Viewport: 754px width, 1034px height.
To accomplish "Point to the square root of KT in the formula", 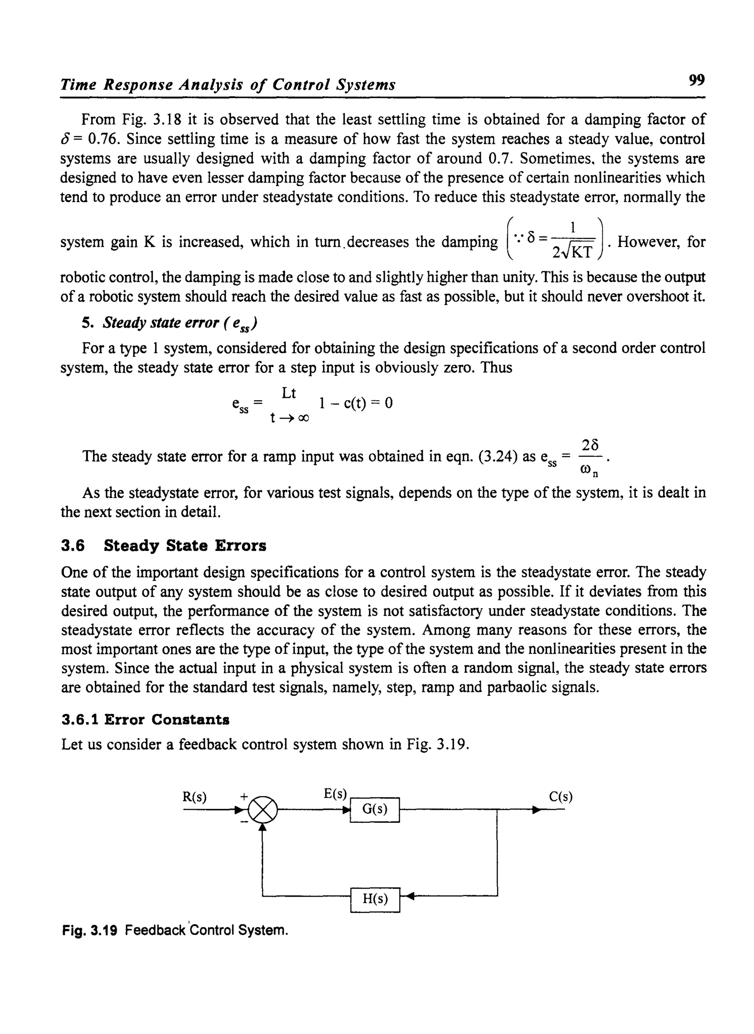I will [577, 251].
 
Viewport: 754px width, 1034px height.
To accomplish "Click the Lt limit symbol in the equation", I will [289, 393].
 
